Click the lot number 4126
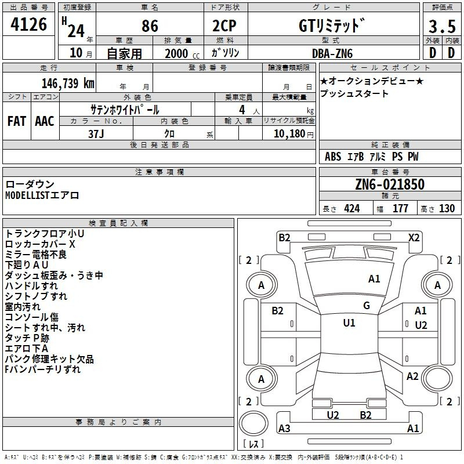(x=28, y=25)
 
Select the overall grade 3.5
(x=441, y=26)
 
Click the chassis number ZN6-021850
(x=390, y=185)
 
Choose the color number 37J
(x=96, y=133)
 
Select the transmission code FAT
(x=16, y=121)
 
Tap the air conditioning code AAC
(x=44, y=121)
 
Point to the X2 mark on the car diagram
(x=414, y=237)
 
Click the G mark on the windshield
(x=367, y=306)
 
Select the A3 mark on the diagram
(x=284, y=429)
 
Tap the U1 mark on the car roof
(x=349, y=323)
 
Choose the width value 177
(x=401, y=209)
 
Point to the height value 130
(x=447, y=209)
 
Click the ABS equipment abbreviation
(x=333, y=157)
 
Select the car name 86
(x=150, y=26)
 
